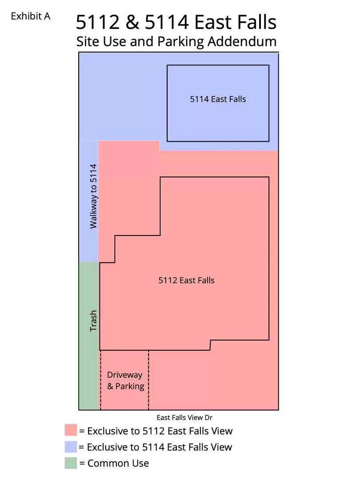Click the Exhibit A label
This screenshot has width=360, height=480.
point(30,16)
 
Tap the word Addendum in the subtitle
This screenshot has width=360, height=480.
point(240,41)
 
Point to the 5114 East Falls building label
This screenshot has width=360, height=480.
point(218,99)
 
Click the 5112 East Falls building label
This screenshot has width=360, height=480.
point(186,280)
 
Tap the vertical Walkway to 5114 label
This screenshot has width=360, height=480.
point(93,196)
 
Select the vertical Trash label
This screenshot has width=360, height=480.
point(93,320)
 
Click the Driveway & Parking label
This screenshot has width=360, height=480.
point(125,380)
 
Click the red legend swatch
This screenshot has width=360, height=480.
point(71,430)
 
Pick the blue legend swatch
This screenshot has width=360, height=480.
point(71,447)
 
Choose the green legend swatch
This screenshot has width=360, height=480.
point(71,463)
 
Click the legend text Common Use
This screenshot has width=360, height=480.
point(118,463)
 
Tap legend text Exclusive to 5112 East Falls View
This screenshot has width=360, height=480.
point(160,431)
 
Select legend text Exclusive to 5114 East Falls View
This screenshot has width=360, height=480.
point(160,447)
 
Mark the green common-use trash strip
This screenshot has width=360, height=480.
point(88,356)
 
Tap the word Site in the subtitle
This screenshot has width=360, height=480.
point(88,41)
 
